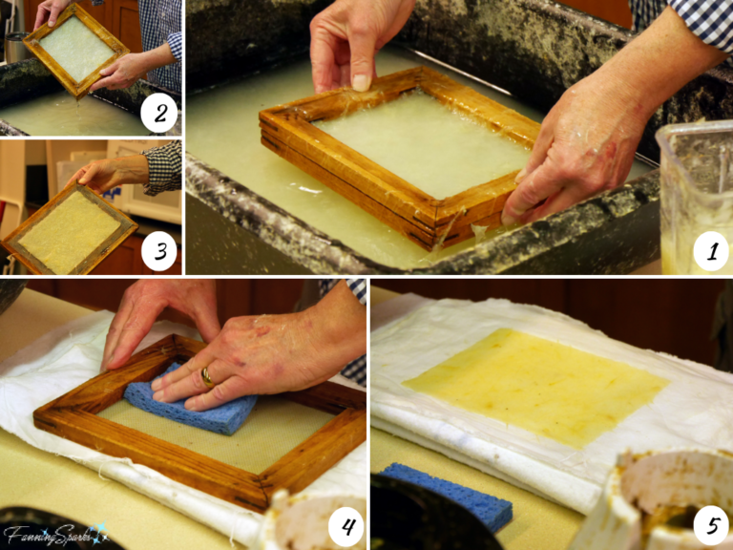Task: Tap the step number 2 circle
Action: (159, 114)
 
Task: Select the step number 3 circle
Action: (159, 252)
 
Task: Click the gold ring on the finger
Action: (207, 377)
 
